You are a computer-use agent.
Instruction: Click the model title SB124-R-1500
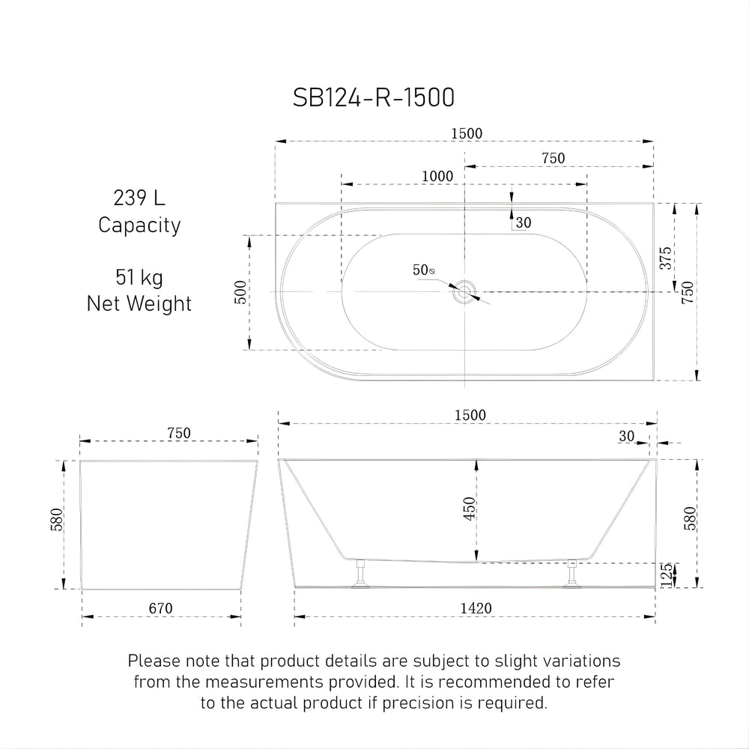(x=373, y=97)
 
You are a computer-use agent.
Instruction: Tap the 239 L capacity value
(x=139, y=198)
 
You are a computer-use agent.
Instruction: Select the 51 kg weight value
(x=139, y=278)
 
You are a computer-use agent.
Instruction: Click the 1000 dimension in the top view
(x=437, y=176)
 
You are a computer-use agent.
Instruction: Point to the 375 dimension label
(x=665, y=258)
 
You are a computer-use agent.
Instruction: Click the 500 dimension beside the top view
(x=240, y=292)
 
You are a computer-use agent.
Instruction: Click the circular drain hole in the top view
(x=465, y=291)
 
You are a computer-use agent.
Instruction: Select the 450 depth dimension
(x=470, y=509)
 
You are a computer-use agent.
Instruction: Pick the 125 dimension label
(x=666, y=574)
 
